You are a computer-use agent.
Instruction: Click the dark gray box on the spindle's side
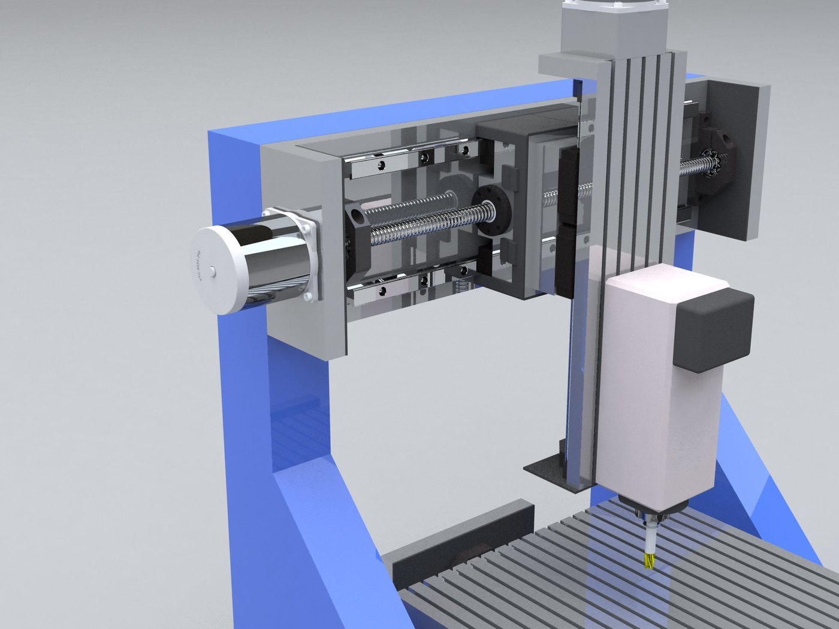[713, 329]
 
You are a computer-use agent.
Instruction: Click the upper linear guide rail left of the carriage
[414, 159]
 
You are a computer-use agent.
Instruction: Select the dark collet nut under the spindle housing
[650, 509]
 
